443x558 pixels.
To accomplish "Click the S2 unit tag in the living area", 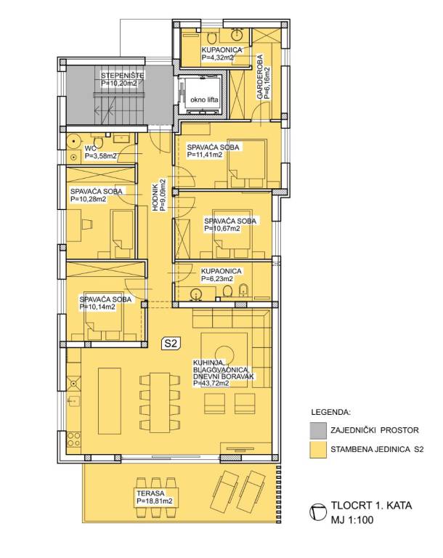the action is (x=171, y=344).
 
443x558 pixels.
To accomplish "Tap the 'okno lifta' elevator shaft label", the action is (x=204, y=100).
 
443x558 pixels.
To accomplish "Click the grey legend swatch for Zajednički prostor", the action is (x=318, y=430).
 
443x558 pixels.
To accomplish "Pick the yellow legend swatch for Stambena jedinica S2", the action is (x=318, y=450).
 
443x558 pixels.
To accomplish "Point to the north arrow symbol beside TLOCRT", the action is (x=318, y=512).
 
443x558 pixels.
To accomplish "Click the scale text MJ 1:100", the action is (x=352, y=520).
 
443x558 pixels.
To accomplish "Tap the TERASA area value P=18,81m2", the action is (x=155, y=501).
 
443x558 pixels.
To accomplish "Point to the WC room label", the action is (x=89, y=148).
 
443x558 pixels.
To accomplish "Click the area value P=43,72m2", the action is (x=211, y=384).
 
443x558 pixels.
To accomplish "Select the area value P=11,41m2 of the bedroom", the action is (x=205, y=155).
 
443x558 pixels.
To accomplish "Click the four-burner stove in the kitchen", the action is (x=73, y=440).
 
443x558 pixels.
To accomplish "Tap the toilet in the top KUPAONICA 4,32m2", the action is (x=213, y=37).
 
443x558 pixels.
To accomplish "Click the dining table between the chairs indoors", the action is (x=160, y=403).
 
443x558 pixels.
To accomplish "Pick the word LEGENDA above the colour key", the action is (x=330, y=413).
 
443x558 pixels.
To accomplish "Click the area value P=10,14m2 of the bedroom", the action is (x=97, y=307).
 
